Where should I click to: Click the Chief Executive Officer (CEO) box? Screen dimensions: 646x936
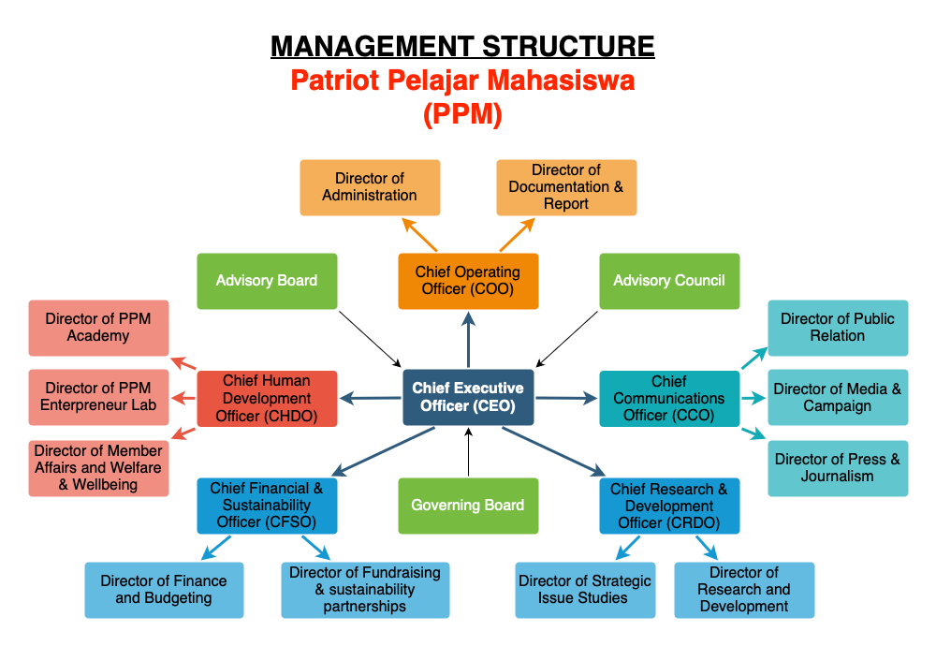pyautogui.click(x=468, y=397)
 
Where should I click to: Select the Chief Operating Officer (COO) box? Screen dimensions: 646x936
pyautogui.click(x=468, y=281)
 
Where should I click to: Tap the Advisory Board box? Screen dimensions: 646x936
pyautogui.click(x=267, y=281)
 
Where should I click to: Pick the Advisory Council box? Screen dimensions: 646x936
pyautogui.click(x=669, y=281)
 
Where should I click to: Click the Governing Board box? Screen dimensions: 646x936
pyautogui.click(x=468, y=506)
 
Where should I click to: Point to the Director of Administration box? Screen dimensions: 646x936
pyautogui.click(x=370, y=187)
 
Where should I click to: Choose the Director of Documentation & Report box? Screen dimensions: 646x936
pyautogui.click(x=566, y=187)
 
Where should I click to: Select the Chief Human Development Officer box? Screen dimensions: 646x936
pyautogui.click(x=267, y=398)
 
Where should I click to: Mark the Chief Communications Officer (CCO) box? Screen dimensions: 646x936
pyautogui.click(x=669, y=398)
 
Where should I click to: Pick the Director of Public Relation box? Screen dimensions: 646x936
pyautogui.click(x=838, y=328)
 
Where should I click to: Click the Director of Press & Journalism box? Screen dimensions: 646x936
pyautogui.click(x=838, y=468)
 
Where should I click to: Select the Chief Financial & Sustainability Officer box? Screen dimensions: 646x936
pyautogui.click(x=267, y=506)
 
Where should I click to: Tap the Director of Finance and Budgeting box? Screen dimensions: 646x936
pyautogui.click(x=164, y=590)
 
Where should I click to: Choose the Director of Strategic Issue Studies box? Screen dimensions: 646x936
pyautogui.click(x=585, y=590)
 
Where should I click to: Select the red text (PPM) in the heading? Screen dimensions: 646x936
pyautogui.click(x=462, y=114)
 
